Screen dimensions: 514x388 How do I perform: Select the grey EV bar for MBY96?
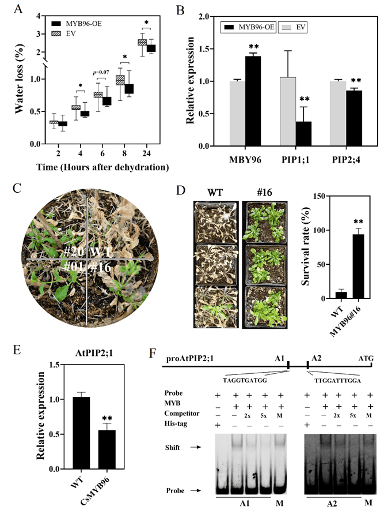[x=237, y=113]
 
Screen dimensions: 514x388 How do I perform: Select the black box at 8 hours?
[x=129, y=88]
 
